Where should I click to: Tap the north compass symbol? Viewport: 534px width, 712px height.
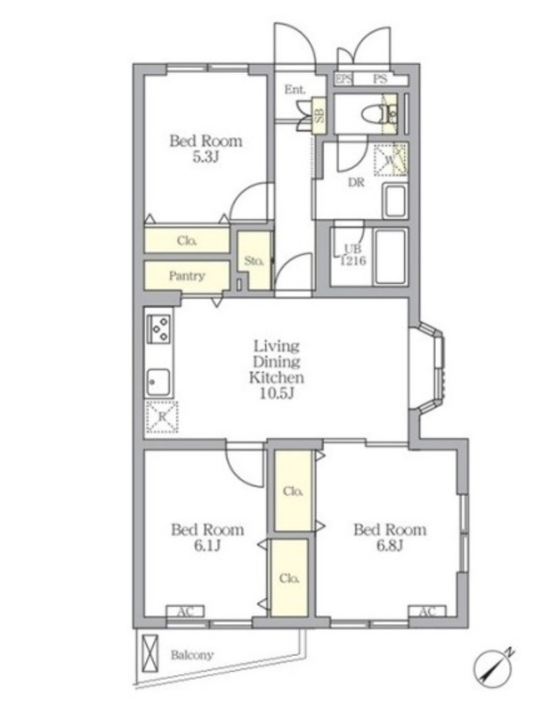[x=494, y=667]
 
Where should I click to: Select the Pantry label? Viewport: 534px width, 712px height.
[x=187, y=276]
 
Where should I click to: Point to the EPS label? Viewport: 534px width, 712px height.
[x=344, y=79]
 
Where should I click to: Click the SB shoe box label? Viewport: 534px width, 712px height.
[x=320, y=116]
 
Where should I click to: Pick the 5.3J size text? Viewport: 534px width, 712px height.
[x=206, y=158]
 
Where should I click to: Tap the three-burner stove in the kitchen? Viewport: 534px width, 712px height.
[x=158, y=328]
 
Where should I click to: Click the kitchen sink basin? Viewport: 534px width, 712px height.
[x=158, y=382]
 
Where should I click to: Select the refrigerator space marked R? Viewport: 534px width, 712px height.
[x=161, y=416]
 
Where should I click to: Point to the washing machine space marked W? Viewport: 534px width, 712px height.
[x=390, y=159]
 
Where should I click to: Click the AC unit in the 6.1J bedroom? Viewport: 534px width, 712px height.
[x=185, y=611]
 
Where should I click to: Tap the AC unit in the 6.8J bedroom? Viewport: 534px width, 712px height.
[x=427, y=611]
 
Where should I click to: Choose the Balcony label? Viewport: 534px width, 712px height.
[x=191, y=655]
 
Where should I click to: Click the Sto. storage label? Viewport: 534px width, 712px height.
[x=254, y=261]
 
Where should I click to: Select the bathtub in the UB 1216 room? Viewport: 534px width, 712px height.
[x=390, y=257]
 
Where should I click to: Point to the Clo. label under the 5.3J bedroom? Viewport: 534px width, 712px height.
[x=187, y=240]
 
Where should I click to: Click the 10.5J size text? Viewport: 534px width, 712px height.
[x=277, y=392]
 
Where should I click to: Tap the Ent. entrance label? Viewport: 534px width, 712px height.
[x=295, y=90]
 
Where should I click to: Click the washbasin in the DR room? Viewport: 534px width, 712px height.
[x=394, y=201]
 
